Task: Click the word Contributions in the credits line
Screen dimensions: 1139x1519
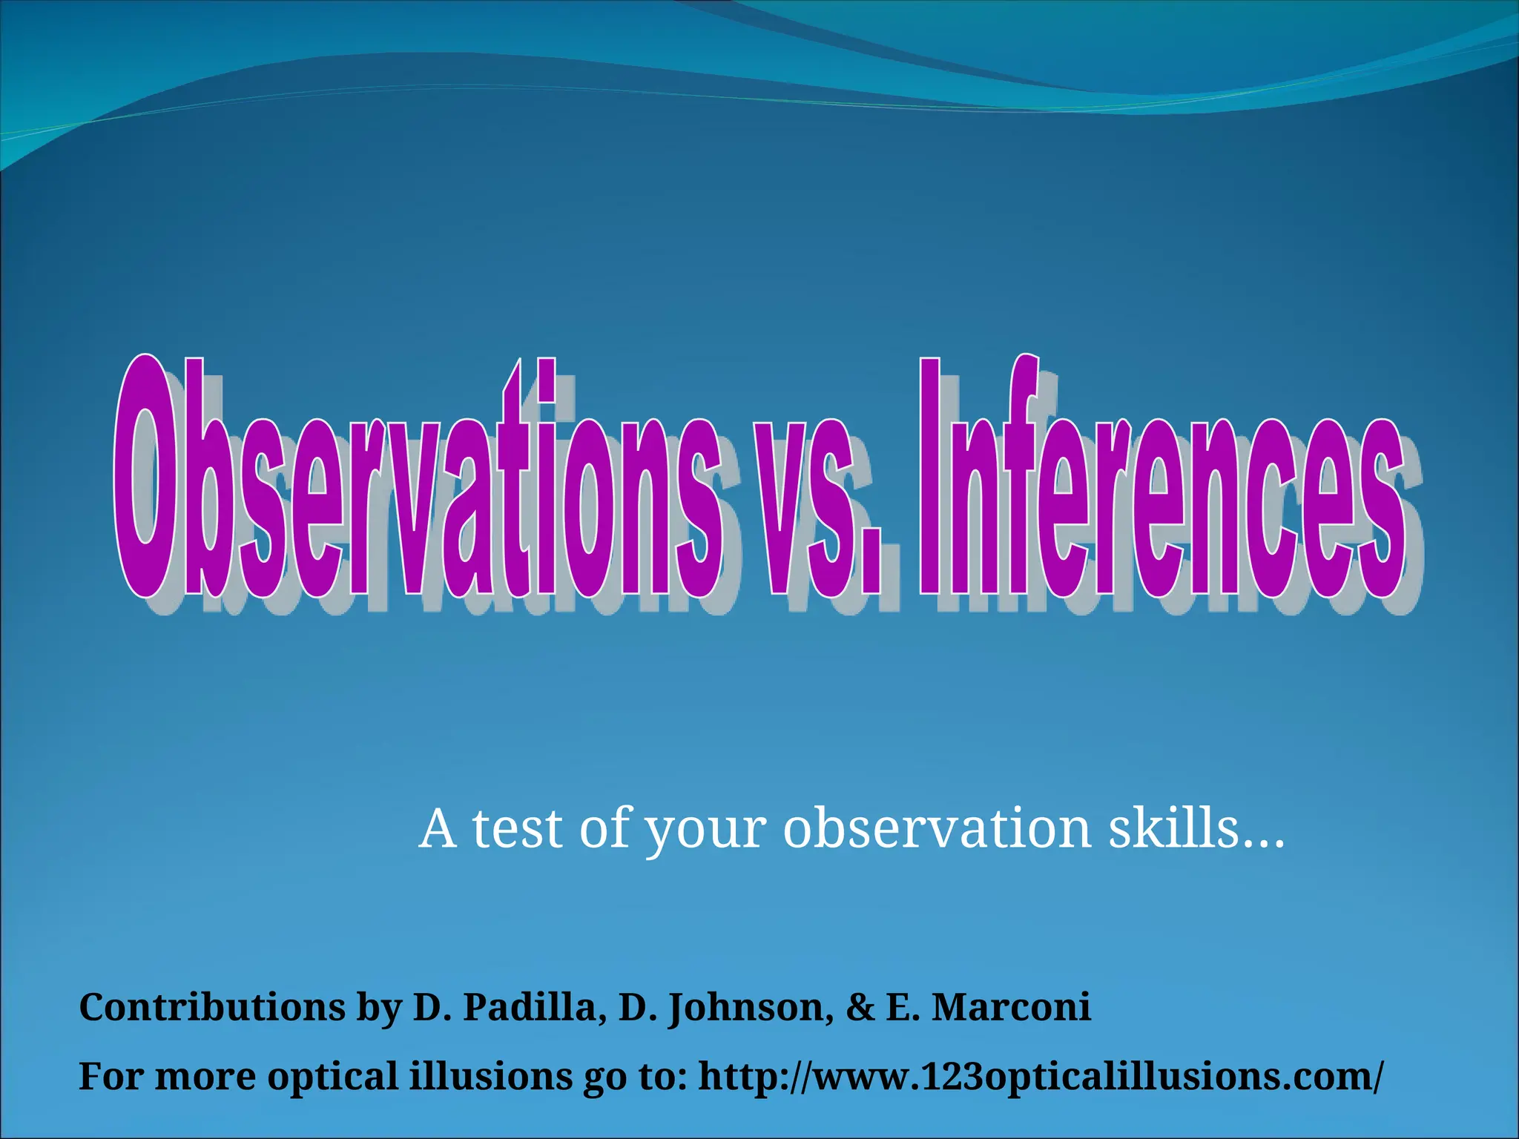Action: click(212, 1008)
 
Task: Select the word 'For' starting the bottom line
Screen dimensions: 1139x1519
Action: click(111, 1077)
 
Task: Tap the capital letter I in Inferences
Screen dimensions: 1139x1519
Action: click(930, 478)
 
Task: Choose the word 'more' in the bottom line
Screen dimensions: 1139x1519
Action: click(205, 1077)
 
